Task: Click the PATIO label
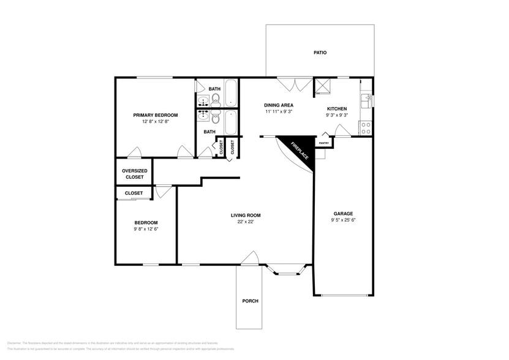(x=320, y=53)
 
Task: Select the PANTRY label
(x=324, y=143)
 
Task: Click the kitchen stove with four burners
(x=365, y=128)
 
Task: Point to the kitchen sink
(x=367, y=98)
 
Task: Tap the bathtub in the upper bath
(x=231, y=93)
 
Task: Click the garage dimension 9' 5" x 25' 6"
(x=343, y=220)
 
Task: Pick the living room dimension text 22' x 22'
(x=246, y=222)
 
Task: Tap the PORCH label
(x=250, y=301)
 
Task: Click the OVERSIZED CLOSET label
(x=134, y=174)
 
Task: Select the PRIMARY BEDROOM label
(x=156, y=115)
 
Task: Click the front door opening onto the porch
(x=249, y=260)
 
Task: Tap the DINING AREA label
(x=279, y=105)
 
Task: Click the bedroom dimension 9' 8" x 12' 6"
(x=146, y=229)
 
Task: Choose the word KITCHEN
(x=337, y=108)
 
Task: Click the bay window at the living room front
(x=287, y=268)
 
